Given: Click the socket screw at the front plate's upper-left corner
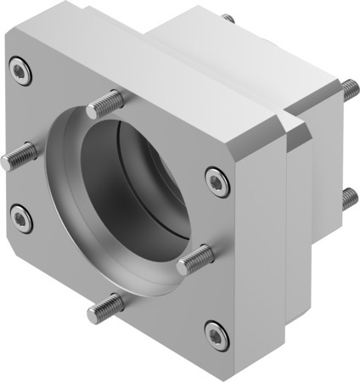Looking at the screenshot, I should pyautogui.click(x=21, y=70).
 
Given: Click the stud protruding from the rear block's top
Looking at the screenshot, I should pyautogui.click(x=228, y=18).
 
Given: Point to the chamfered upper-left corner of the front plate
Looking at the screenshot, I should pyautogui.click(x=10, y=42).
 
